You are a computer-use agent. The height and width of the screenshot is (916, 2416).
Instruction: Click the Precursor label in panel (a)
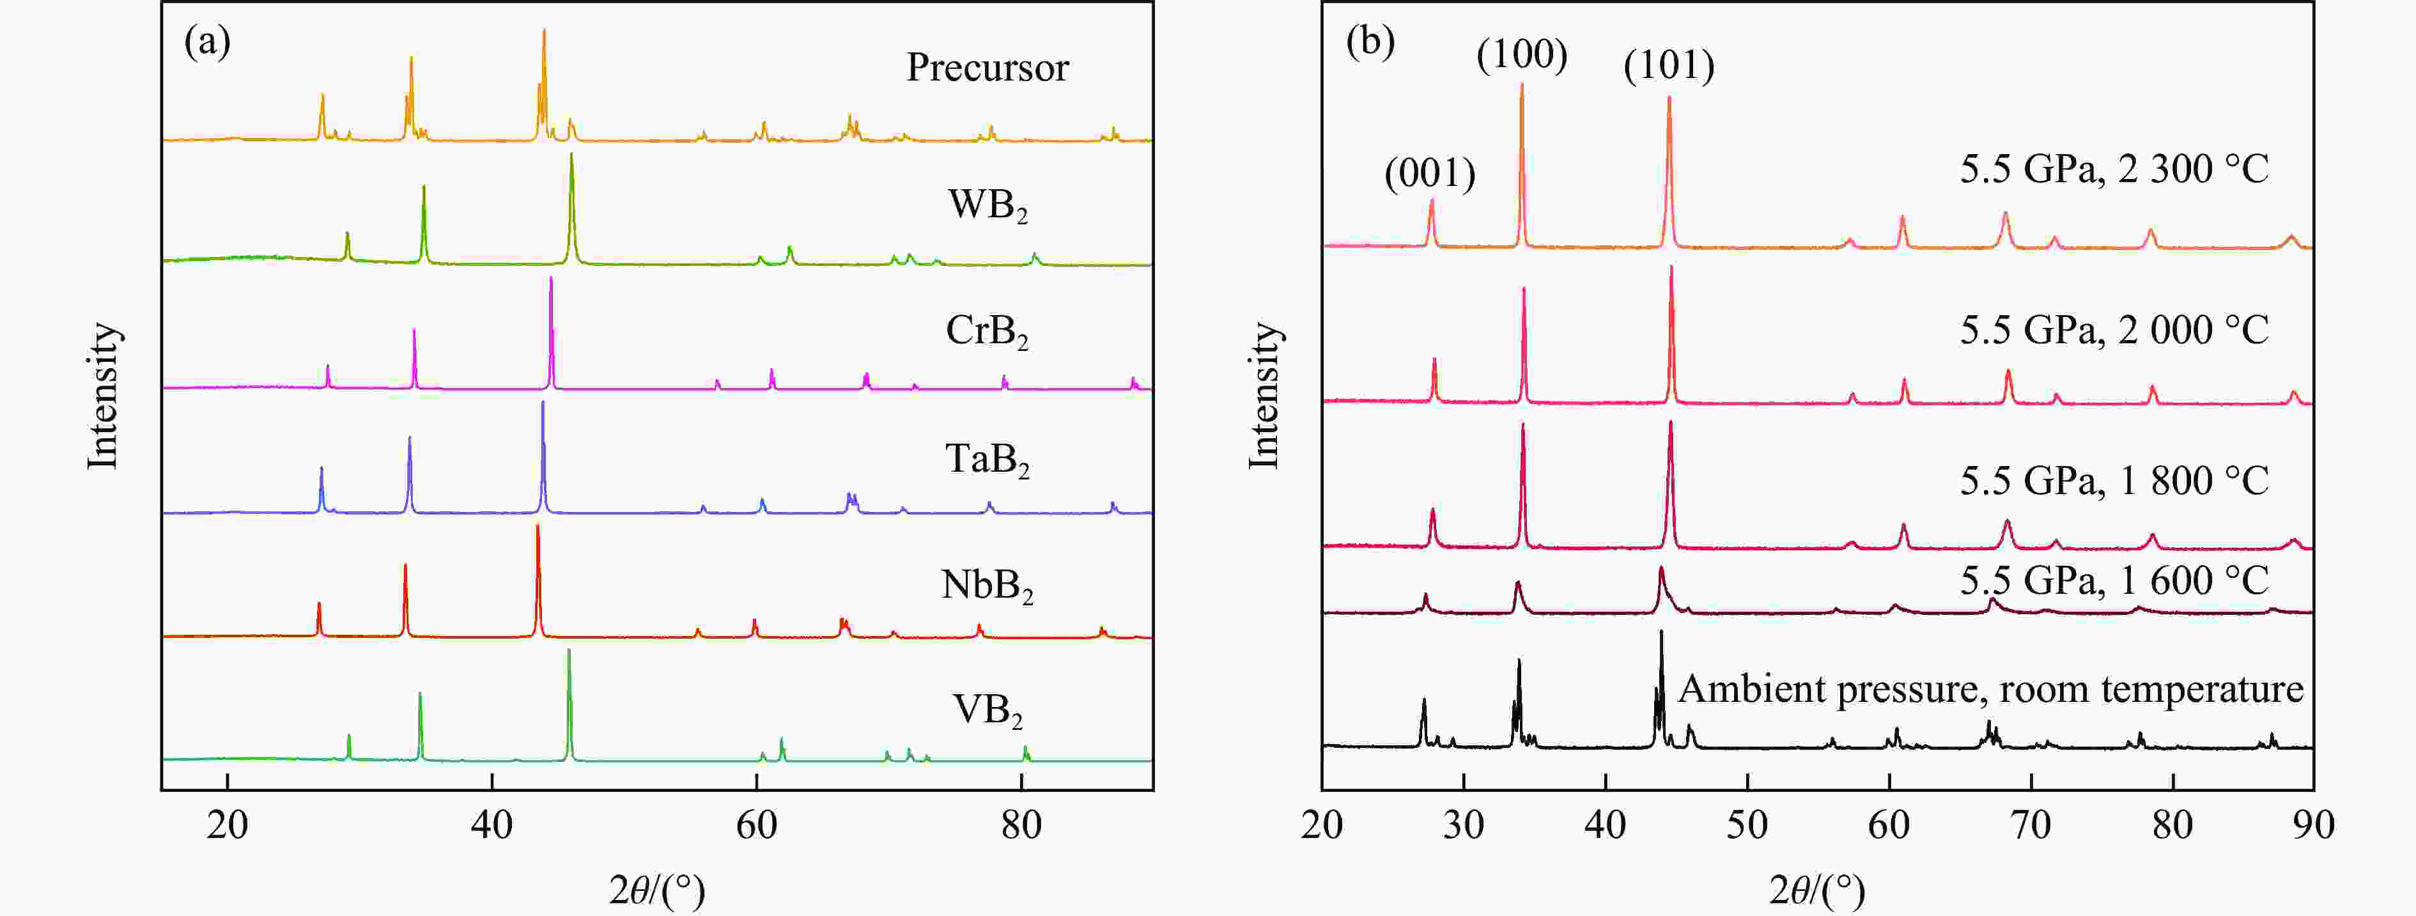(x=987, y=68)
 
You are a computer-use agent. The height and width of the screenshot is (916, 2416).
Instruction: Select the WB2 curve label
(x=987, y=205)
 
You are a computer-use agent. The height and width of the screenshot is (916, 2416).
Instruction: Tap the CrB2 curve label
(x=987, y=331)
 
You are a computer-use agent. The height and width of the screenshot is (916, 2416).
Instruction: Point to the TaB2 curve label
(x=987, y=460)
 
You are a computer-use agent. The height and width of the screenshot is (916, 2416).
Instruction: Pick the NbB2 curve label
(x=987, y=586)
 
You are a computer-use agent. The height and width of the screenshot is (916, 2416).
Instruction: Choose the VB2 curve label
(x=987, y=711)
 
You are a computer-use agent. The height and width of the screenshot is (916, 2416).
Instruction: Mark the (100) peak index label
(x=1521, y=54)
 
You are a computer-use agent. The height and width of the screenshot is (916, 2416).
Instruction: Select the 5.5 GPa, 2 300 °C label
(x=2114, y=169)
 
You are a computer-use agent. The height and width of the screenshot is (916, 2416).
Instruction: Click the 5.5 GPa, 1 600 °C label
(x=2114, y=580)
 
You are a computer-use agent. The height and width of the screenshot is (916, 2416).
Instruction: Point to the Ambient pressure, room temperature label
(x=1990, y=689)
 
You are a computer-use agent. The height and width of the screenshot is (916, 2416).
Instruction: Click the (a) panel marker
(x=207, y=42)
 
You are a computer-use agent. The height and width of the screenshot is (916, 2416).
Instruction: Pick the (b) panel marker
(x=1370, y=42)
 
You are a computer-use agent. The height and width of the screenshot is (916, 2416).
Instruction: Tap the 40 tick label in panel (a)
(x=492, y=825)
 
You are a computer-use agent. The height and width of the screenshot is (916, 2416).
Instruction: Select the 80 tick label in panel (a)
(x=1021, y=825)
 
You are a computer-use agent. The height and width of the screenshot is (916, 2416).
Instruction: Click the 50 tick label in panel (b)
(x=1747, y=825)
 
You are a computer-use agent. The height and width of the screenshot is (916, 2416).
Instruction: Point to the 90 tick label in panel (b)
(x=2313, y=825)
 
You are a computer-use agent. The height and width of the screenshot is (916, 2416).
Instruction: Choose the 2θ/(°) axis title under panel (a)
(x=656, y=889)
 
